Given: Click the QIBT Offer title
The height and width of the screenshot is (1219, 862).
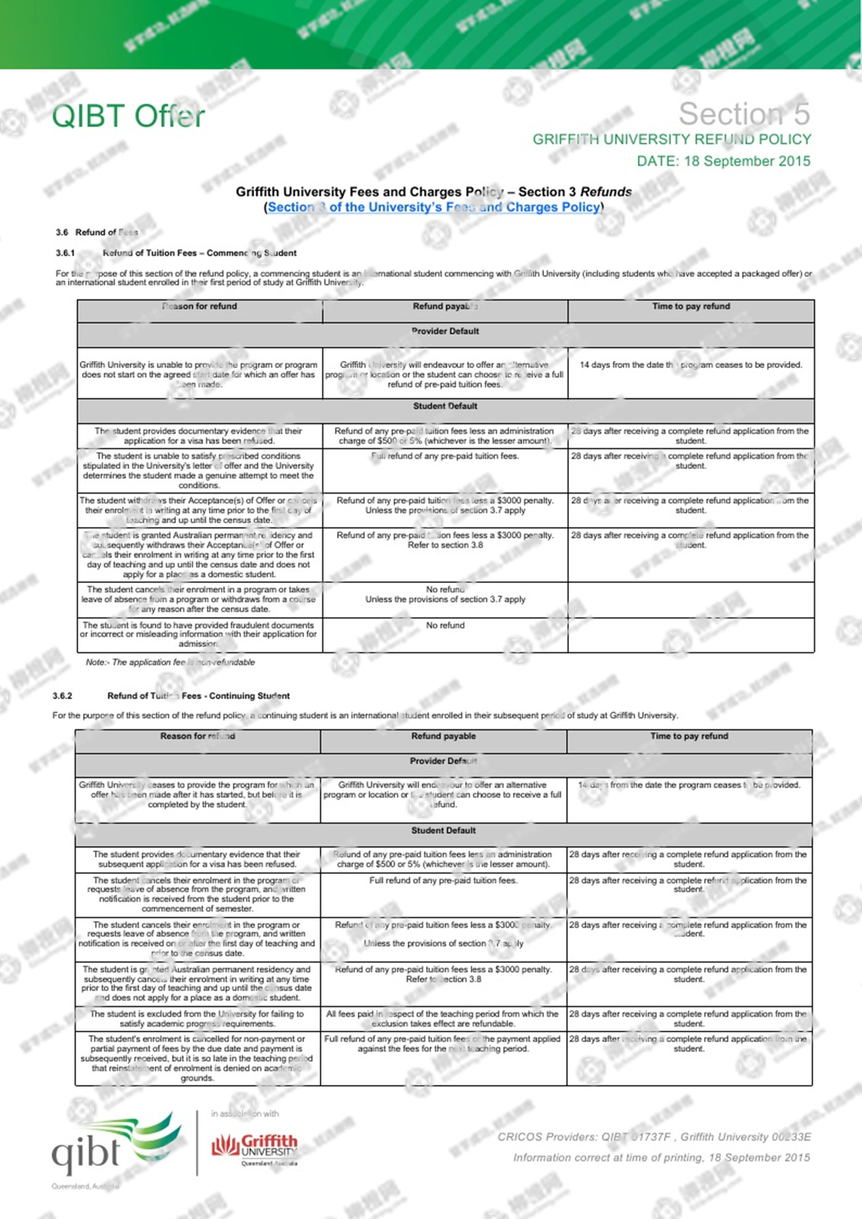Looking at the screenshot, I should tap(128, 116).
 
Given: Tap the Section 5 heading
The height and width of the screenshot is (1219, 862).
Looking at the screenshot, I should tap(744, 114).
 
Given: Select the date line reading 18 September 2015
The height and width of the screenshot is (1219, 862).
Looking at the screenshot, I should tap(723, 161).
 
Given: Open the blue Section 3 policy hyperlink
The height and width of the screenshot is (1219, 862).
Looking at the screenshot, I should tap(434, 207).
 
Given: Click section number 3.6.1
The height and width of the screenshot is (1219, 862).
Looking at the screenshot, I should tap(65, 253).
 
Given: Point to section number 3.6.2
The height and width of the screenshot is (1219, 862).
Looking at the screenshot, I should tap(62, 696).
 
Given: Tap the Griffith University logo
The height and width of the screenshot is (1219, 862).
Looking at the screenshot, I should tap(255, 1148).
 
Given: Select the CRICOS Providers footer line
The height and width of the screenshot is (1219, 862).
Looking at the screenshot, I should tap(654, 1137).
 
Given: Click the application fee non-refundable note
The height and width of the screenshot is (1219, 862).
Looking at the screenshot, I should tap(170, 662).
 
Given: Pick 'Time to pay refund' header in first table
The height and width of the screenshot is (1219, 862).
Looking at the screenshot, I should tap(691, 307).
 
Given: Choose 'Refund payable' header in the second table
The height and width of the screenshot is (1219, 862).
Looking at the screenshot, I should tap(443, 736).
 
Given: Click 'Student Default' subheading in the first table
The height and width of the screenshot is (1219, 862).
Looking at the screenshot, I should tap(445, 406).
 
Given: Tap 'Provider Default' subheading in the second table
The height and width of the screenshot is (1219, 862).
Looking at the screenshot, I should tap(443, 762).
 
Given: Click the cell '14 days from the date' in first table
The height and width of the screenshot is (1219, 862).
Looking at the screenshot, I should tap(691, 365).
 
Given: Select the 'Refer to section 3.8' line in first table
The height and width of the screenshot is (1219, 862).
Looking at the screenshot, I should tap(445, 545).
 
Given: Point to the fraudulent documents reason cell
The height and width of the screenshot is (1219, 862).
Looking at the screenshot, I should tap(198, 634).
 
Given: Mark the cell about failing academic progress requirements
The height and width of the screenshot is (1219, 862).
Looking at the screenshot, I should tap(197, 1018).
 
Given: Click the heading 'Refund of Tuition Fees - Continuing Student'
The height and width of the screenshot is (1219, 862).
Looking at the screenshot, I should tap(198, 696).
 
